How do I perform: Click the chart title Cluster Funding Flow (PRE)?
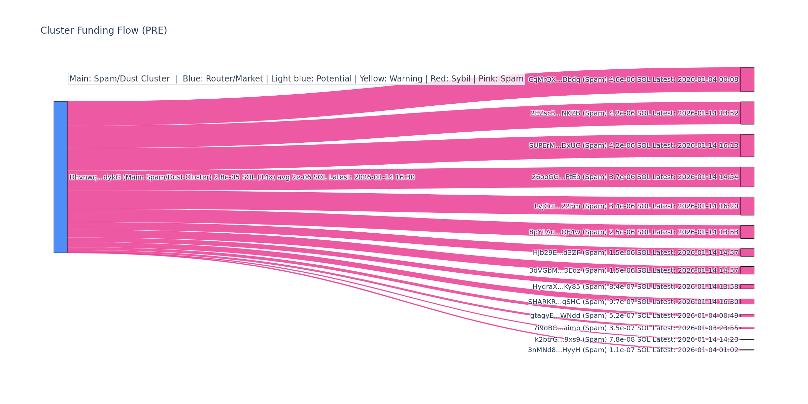coord(104,31)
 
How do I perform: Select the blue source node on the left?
coord(61,177)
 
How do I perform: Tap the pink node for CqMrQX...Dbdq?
coord(747,79)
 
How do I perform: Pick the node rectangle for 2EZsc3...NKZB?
coord(747,113)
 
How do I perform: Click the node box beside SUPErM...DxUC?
coord(747,145)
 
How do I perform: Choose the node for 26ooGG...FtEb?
coord(747,177)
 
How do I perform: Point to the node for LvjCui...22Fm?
coord(747,206)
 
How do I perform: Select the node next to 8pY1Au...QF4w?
coord(747,232)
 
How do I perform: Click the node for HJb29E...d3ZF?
coord(747,252)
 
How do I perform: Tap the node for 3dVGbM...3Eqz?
coord(747,270)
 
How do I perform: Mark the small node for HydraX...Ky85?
coord(747,287)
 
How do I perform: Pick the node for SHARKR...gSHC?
coord(747,302)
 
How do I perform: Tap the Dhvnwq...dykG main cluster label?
coord(242,177)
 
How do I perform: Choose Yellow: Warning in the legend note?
coord(391,79)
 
